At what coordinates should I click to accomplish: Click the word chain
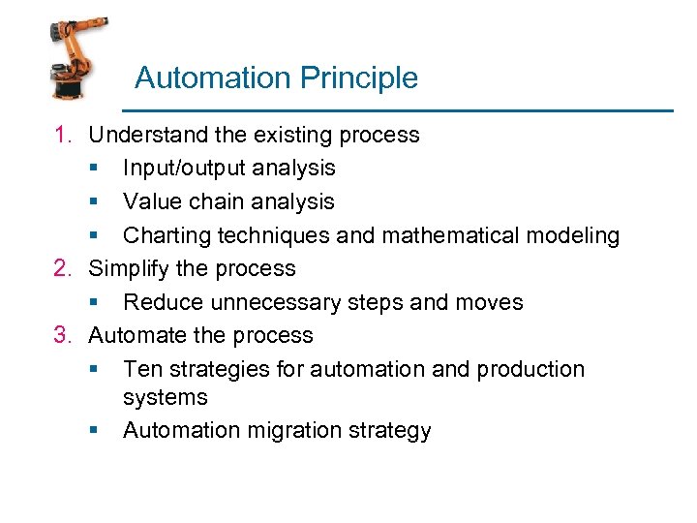click(213, 201)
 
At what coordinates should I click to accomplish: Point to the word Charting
click(164, 235)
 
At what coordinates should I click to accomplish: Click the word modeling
click(577, 235)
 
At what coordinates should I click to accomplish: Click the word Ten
click(141, 369)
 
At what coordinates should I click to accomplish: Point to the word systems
click(166, 398)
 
